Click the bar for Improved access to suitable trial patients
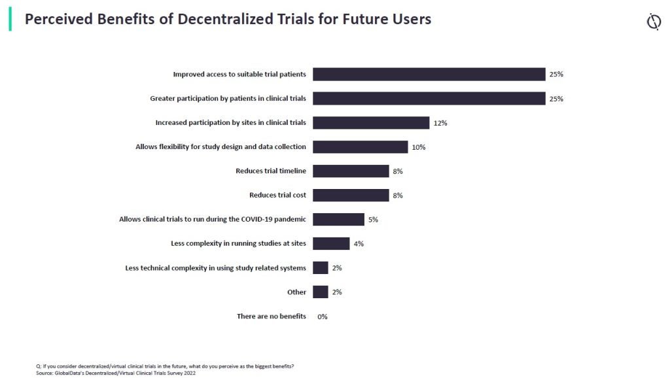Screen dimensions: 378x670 tap(429, 75)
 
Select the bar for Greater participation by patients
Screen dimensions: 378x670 tap(429, 99)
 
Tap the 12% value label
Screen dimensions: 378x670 tap(440, 123)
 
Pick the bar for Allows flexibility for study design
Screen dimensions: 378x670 tap(360, 147)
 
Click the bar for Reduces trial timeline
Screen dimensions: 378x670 tap(351, 171)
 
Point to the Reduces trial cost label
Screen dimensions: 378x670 tap(277, 195)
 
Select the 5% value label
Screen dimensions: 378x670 tap(373, 220)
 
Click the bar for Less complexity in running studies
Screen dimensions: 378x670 tap(331, 244)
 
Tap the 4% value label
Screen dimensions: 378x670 tap(358, 244)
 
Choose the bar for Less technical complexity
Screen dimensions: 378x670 tap(320, 268)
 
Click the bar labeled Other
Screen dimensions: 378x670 tap(320, 292)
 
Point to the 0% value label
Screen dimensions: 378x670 tap(322, 317)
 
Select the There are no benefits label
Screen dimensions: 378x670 tap(271, 317)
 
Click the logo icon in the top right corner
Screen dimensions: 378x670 tap(653, 22)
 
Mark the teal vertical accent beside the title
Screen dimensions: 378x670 tap(10, 19)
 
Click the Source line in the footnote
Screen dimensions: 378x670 tap(115, 373)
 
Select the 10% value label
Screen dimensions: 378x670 tap(419, 147)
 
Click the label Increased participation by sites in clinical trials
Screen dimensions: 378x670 tap(230, 123)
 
